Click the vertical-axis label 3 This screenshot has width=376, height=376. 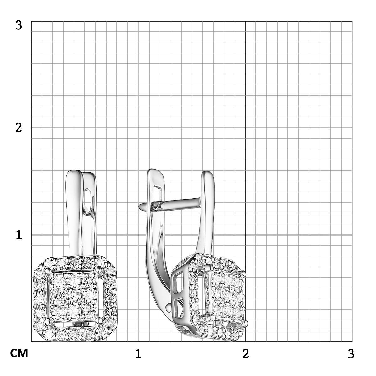click(x=18, y=26)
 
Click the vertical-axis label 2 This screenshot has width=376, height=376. click(x=18, y=128)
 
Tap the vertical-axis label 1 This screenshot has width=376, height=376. click(x=19, y=235)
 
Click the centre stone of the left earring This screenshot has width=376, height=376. click(x=74, y=296)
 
